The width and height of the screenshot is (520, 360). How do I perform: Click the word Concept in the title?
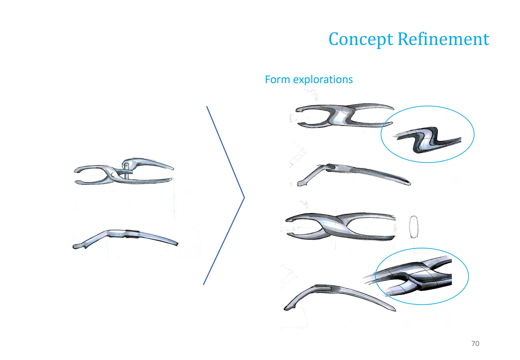pyautogui.click(x=361, y=40)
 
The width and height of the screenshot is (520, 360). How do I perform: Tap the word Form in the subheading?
pyautogui.click(x=278, y=79)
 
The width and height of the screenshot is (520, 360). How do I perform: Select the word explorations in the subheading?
pyautogui.click(x=323, y=80)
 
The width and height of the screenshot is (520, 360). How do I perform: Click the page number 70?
pyautogui.click(x=475, y=343)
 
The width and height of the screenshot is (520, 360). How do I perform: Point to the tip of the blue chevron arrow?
pyautogui.click(x=244, y=197)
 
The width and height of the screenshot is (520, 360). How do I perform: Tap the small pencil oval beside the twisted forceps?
pyautogui.click(x=414, y=227)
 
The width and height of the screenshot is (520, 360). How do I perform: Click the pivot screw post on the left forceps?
pyautogui.click(x=126, y=171)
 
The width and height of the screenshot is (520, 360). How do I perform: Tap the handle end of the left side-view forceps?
pyautogui.click(x=177, y=243)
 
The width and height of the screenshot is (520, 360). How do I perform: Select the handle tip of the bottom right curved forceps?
pyautogui.click(x=395, y=310)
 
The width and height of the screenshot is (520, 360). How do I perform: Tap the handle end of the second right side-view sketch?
pyautogui.click(x=409, y=184)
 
